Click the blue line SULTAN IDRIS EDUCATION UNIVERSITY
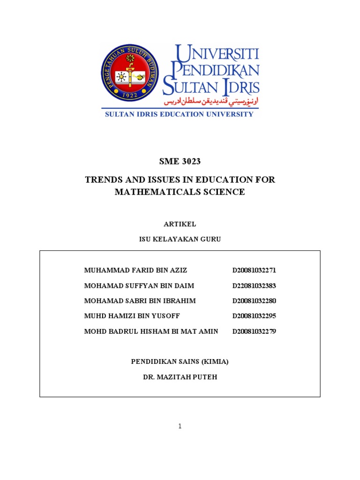(179, 114)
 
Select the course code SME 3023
(180, 162)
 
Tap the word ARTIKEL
(180, 224)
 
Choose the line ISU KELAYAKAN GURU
(180, 239)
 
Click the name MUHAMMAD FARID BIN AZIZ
(136, 270)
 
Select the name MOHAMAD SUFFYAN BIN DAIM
(139, 285)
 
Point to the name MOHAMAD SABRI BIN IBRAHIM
(140, 300)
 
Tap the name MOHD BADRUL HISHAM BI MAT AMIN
(151, 331)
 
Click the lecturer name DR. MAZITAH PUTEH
(180, 376)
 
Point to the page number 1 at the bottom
(180, 426)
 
